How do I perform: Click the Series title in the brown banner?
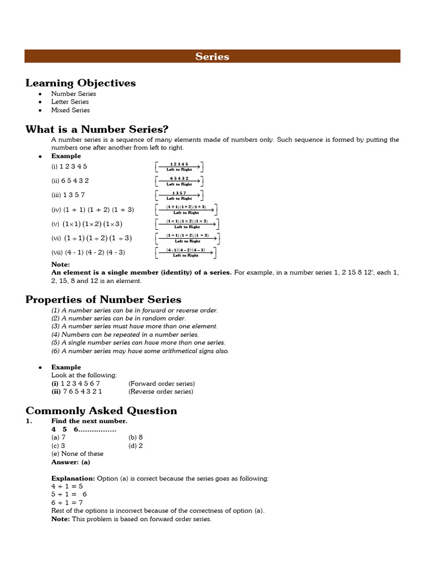pos(212,56)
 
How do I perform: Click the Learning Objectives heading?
pos(80,83)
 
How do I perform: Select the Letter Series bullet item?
pos(70,102)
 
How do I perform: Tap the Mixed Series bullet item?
pos(70,110)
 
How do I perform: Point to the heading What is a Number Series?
pos(97,130)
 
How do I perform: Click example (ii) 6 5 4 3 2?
pos(70,181)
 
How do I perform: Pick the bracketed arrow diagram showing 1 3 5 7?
pos(179,195)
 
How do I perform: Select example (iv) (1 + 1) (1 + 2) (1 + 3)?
pos(92,209)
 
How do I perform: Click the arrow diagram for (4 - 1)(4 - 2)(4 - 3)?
pos(186,252)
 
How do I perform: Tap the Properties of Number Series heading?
pos(103,300)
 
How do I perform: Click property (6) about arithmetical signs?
pos(140,351)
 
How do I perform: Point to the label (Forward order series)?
pos(162,384)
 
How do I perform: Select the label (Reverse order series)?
pos(161,391)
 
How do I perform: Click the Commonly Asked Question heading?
pos(101,411)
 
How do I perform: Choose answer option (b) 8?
pos(136,437)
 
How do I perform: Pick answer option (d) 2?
pos(136,445)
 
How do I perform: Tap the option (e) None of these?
pos(77,453)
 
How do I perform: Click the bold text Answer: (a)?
pos(71,462)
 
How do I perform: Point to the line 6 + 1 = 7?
pos(67,502)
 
